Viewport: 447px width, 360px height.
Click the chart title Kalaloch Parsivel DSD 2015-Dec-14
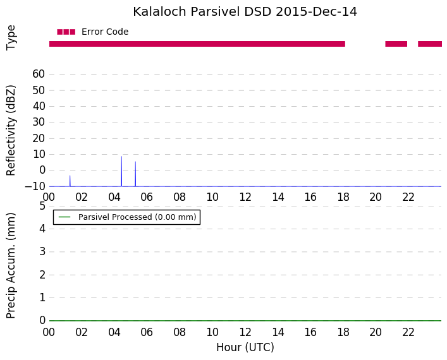tap(245, 12)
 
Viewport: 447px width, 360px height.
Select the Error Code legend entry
tap(93, 32)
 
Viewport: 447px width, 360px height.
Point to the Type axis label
tap(11, 38)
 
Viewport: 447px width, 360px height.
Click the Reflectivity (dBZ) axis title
tap(11, 131)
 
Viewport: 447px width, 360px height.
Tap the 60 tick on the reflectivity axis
tap(39, 74)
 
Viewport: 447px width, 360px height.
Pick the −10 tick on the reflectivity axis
tap(35, 186)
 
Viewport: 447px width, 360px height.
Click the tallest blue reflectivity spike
tap(121, 171)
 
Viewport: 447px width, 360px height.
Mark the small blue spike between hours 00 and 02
tap(70, 181)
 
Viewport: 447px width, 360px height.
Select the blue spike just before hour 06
tap(135, 174)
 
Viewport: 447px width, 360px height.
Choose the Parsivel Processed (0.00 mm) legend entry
tap(127, 217)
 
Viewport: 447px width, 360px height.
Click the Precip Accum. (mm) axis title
tap(11, 265)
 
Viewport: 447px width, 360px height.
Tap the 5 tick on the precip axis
tap(42, 206)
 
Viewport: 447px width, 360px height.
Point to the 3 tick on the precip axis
tap(42, 252)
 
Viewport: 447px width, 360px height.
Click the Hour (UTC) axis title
tap(245, 347)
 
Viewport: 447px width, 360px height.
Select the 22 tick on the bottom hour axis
tap(408, 332)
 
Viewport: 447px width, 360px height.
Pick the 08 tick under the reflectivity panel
tap(180, 197)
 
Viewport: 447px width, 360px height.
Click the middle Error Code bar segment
tap(396, 44)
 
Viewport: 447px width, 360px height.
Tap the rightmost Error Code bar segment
tap(430, 44)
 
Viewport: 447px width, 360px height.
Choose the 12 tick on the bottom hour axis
tap(245, 332)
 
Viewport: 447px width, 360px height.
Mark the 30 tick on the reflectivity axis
tap(39, 122)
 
